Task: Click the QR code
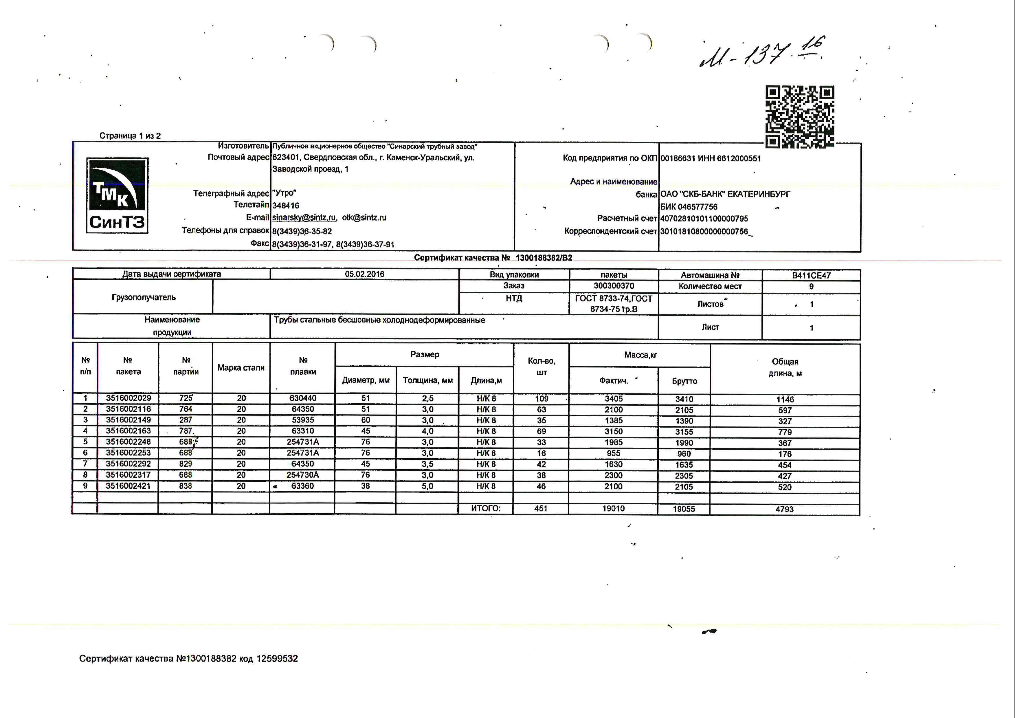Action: click(x=800, y=117)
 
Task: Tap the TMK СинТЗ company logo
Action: click(x=117, y=195)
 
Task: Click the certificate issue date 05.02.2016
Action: click(x=364, y=274)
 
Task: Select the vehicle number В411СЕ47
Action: click(x=811, y=275)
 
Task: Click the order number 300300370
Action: click(x=614, y=286)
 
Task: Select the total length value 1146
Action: click(x=785, y=400)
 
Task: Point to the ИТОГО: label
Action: click(x=485, y=508)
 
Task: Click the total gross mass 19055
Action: click(x=684, y=509)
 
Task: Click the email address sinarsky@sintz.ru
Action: click(x=304, y=217)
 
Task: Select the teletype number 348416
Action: click(x=286, y=206)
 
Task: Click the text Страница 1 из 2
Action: click(x=130, y=136)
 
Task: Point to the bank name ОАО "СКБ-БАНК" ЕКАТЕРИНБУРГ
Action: click(x=725, y=194)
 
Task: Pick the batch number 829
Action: click(x=186, y=464)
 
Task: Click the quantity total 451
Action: click(x=541, y=508)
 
